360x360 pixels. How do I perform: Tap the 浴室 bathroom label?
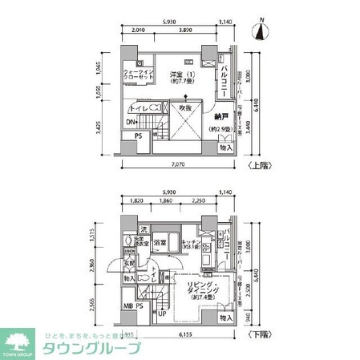(160, 242)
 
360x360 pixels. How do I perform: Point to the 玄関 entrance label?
(128, 264)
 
